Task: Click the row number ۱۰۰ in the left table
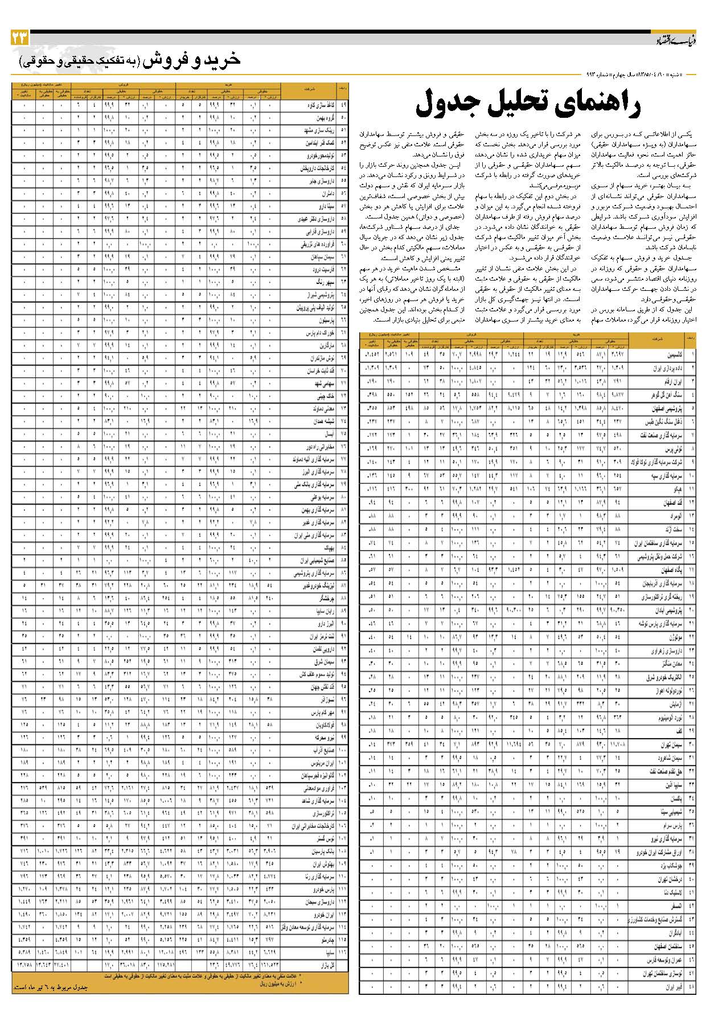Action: (x=343, y=750)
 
